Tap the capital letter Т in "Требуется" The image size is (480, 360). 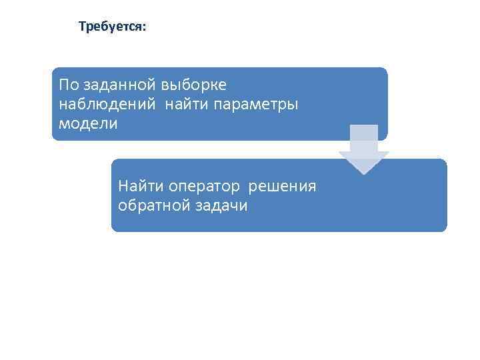[x=82, y=27]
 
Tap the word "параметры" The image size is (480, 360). [x=257, y=104]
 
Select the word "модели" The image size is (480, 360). [x=88, y=123]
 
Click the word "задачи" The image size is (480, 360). [x=221, y=205]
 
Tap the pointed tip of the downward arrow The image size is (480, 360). [x=364, y=173]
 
